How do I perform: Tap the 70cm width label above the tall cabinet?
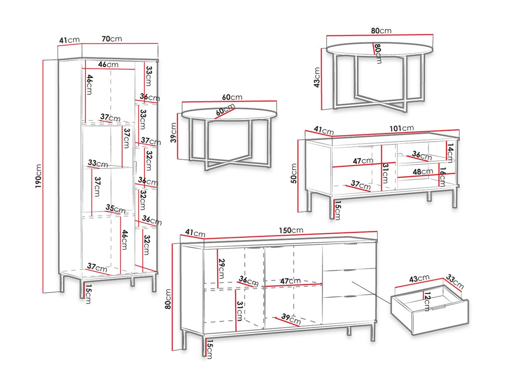coord(111,39)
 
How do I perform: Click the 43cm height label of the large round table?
coord(317,78)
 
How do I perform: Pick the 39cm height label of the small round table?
coord(173,133)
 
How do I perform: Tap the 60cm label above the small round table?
coord(232,97)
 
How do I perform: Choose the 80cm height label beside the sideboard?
coord(168,299)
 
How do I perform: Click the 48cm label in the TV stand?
coord(422,171)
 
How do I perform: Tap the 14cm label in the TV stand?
coord(450,153)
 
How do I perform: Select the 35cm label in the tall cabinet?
coord(115,209)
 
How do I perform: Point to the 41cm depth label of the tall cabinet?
coord(69,40)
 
